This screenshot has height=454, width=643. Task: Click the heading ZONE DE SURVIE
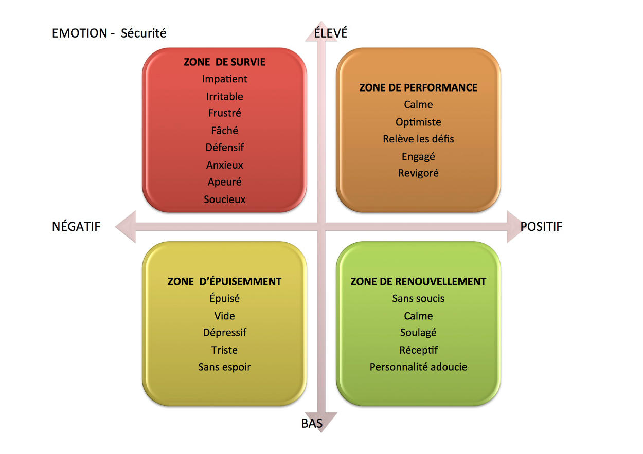[x=224, y=62]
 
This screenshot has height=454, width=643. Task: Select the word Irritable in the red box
[x=224, y=97]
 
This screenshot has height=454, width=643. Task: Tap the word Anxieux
[x=224, y=165]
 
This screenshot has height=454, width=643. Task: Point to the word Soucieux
[x=224, y=199]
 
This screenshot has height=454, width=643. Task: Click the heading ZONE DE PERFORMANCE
[x=418, y=87]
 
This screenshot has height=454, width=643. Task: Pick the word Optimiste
[x=418, y=122]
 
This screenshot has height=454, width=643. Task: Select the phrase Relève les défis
[x=418, y=139]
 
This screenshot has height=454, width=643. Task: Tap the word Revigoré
[x=418, y=173]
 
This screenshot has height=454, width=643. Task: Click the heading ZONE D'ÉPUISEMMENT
[x=224, y=281]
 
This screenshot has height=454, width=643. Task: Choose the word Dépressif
[x=224, y=333]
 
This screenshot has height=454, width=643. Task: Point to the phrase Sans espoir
[x=224, y=367]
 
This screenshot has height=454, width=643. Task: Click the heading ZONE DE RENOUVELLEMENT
[x=418, y=282]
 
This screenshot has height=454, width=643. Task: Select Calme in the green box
[x=418, y=316]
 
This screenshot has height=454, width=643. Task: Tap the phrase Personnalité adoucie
[x=418, y=367]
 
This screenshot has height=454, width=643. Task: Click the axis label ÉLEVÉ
[x=330, y=32]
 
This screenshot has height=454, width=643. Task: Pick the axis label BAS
[x=312, y=424]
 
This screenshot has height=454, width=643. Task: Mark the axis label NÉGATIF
[x=76, y=226]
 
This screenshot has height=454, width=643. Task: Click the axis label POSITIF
[x=541, y=227]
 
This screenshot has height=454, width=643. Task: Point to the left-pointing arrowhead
[x=126, y=227]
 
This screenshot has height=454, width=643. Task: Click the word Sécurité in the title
[x=144, y=33]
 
